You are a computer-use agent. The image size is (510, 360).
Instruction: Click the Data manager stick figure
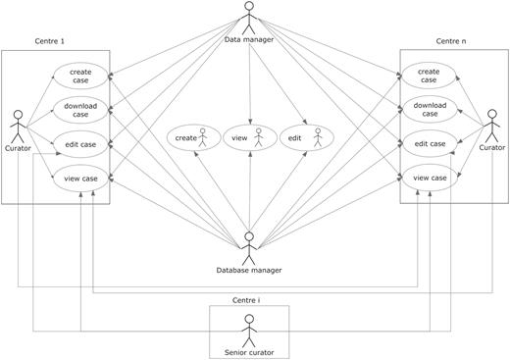point(248,18)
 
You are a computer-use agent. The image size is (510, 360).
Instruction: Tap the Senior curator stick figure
point(249,327)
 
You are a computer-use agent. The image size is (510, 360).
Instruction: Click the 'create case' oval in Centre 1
point(87,77)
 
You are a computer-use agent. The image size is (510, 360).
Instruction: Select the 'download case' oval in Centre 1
point(87,110)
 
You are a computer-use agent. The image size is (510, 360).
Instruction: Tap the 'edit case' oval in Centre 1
point(87,143)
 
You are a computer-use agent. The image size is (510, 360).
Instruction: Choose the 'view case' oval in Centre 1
point(87,178)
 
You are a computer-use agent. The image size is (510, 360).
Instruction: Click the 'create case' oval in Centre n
point(430,77)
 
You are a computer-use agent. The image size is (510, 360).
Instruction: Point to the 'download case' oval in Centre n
point(430,110)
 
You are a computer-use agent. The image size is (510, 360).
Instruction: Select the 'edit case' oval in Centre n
point(430,144)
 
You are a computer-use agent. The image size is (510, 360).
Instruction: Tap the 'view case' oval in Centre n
point(430,178)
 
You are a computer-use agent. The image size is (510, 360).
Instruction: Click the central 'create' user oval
point(192,139)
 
